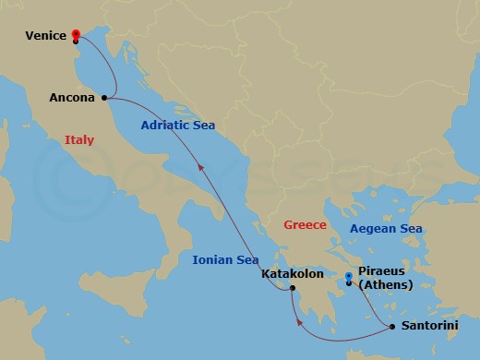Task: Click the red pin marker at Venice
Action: tap(75, 35)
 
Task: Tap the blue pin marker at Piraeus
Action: tap(348, 277)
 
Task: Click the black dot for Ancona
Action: tap(104, 97)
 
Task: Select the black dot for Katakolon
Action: tap(291, 289)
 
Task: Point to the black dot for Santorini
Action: tap(393, 326)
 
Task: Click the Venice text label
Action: tap(45, 36)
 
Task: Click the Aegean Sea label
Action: tap(386, 228)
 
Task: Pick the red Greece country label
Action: tap(306, 224)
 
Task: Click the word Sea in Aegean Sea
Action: tap(410, 228)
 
